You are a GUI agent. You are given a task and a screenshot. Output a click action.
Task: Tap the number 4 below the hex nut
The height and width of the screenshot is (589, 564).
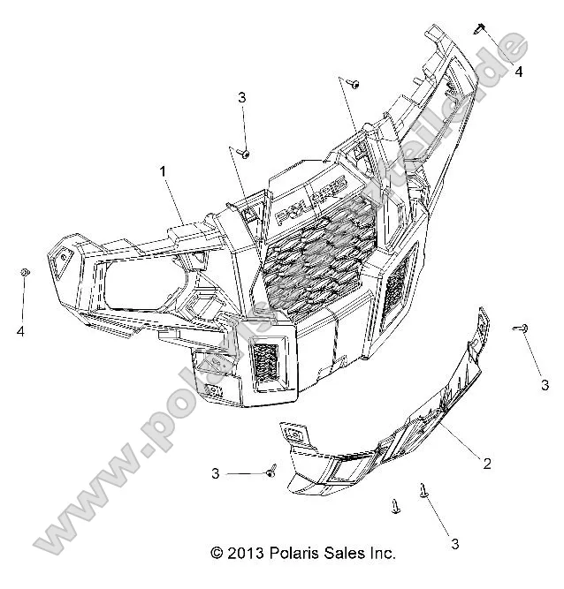click(19, 332)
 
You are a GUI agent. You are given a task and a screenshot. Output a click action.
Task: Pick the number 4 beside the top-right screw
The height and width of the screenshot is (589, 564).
click(519, 72)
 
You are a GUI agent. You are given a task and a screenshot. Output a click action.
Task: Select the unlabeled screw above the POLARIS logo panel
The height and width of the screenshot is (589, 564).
click(354, 83)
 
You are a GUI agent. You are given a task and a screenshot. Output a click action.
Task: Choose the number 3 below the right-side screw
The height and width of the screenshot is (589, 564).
click(545, 384)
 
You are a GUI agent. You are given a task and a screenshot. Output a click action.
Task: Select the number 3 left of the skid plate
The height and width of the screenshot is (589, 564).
click(216, 474)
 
